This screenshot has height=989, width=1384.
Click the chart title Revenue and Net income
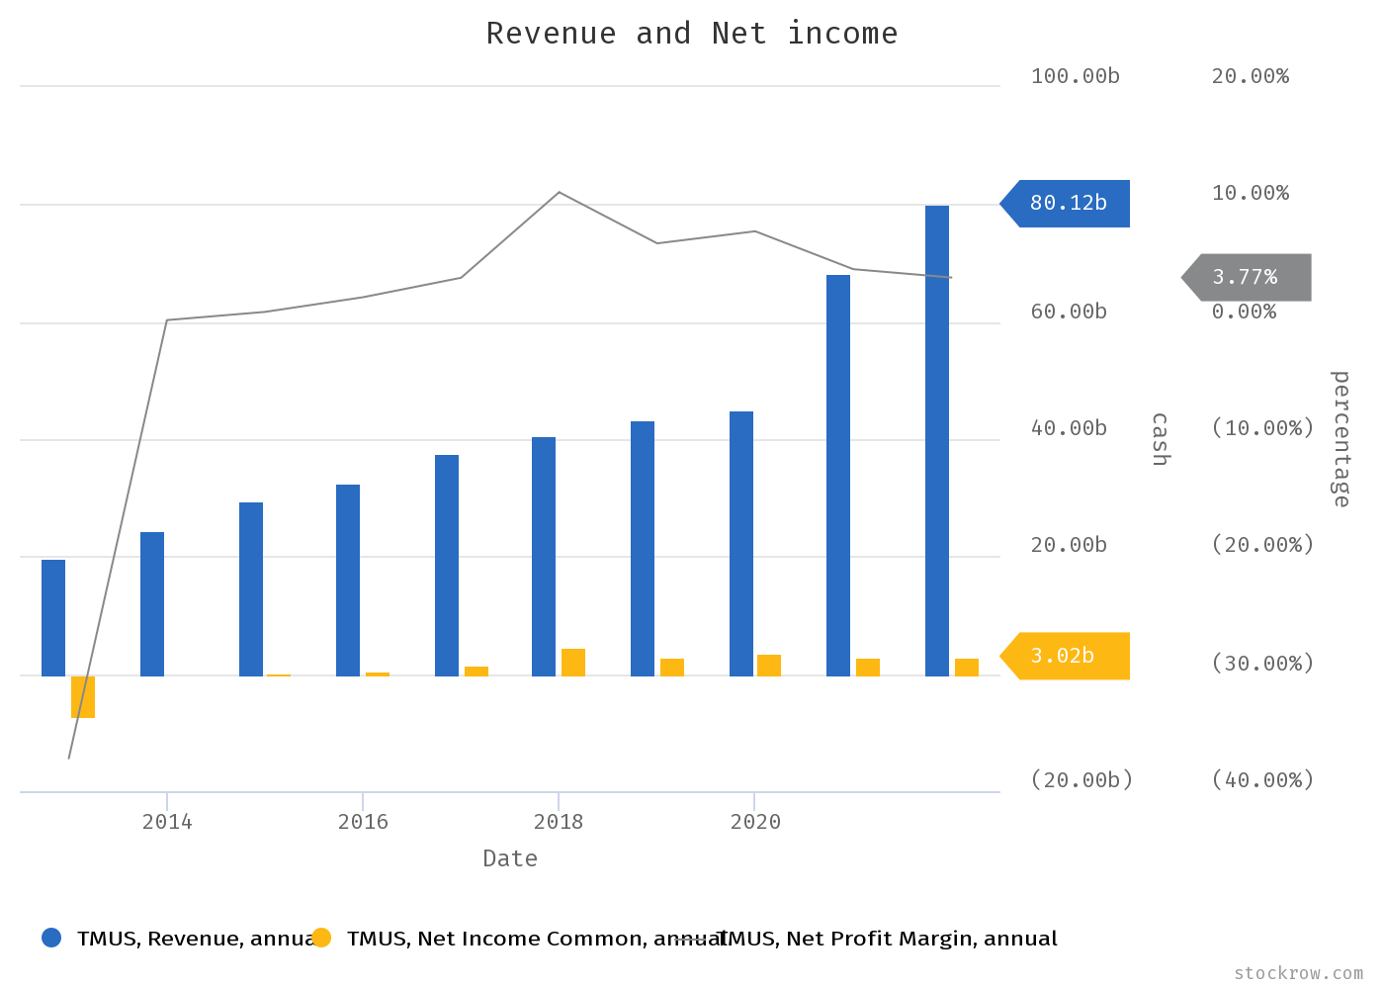692,34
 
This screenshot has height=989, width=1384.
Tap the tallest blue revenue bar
937,440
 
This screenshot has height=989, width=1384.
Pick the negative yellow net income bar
83,696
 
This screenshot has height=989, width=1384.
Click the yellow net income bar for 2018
573,663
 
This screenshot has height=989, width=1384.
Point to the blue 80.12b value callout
1069,204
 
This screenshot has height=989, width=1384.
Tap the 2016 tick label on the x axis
363,822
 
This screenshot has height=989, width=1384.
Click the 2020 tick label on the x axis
755,822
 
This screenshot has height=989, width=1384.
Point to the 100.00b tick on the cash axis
1075,76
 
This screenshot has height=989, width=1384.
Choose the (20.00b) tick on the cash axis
1081,780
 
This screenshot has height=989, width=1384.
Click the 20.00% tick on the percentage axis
1251,76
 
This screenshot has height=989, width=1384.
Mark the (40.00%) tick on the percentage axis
1262,780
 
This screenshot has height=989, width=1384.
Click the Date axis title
510,858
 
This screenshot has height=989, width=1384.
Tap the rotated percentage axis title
1341,439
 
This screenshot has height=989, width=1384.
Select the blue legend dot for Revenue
51,938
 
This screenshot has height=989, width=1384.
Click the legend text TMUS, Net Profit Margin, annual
888,939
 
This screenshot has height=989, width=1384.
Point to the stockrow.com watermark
1298,973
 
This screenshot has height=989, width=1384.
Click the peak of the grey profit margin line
560,192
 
